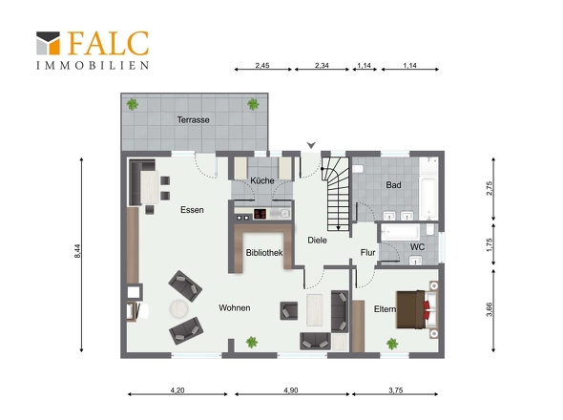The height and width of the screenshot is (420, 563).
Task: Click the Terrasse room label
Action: (193, 119)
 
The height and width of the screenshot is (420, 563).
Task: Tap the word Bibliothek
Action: (264, 253)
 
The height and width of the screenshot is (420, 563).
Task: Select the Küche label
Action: (262, 180)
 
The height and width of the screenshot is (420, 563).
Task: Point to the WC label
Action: (417, 247)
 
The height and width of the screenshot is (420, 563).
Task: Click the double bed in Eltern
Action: (417, 309)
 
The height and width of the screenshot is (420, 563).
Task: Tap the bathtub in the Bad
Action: (428, 189)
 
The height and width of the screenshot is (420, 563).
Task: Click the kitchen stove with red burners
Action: (260, 214)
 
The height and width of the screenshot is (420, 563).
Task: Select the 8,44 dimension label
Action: (77, 251)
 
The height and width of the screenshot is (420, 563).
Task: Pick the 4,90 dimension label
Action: (291, 390)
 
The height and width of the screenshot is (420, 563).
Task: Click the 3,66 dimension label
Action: (490, 309)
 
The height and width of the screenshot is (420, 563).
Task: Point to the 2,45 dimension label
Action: (262, 66)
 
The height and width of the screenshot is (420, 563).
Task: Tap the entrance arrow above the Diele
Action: (311, 145)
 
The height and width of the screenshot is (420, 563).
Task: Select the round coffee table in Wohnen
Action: (178, 308)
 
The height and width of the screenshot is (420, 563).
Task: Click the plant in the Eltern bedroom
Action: (392, 344)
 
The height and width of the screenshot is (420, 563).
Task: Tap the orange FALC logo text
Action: (108, 44)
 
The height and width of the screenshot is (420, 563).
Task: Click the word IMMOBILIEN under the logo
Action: (93, 66)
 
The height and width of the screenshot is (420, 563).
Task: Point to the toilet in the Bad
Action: (358, 169)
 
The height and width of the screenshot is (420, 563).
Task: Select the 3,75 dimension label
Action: (395, 390)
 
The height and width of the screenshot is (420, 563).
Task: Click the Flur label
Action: (367, 253)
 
